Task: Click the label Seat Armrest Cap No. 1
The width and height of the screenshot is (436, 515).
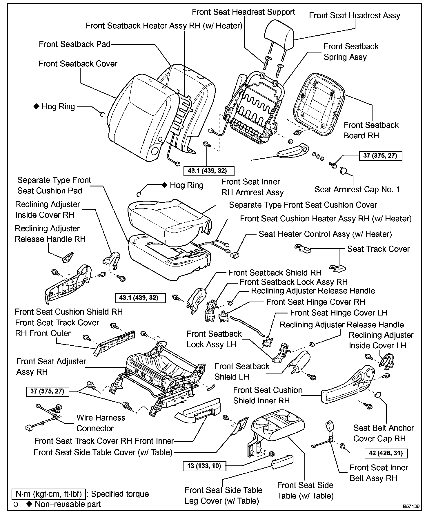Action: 357,190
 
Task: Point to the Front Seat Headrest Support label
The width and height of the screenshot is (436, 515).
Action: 243,12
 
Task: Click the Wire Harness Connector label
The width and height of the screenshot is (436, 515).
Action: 101,423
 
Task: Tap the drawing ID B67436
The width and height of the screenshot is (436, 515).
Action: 411,506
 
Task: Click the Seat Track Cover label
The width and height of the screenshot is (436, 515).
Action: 378,249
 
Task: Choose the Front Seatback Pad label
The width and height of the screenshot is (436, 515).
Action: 75,44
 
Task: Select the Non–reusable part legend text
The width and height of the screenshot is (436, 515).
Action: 68,504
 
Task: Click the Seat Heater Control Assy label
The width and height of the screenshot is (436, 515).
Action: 325,234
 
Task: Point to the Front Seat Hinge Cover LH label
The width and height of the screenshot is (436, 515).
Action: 339,313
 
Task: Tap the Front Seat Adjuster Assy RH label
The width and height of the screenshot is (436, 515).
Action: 51,367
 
